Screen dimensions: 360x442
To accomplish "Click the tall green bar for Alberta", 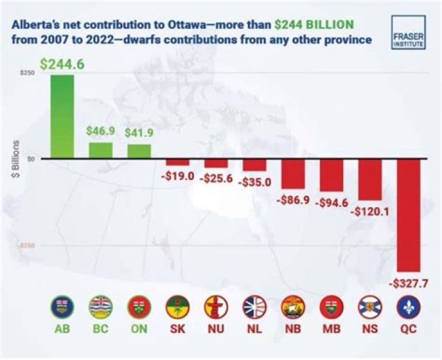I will (62, 117).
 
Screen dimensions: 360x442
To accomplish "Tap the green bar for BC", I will (101, 151).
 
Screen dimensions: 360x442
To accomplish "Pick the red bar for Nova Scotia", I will (370, 179).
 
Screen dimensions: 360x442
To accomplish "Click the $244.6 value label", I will (62, 64).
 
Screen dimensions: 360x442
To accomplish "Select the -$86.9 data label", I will (293, 200).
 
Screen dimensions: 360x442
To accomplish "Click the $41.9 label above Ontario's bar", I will (139, 133).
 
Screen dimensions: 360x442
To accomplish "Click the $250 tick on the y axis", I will (27, 72).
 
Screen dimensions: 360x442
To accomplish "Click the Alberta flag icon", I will (62, 306).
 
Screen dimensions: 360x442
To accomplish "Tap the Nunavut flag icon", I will (216, 306).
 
